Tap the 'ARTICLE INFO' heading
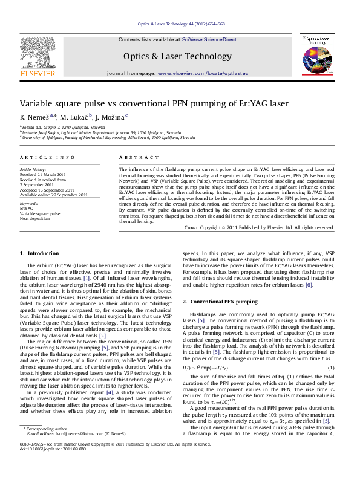[47, 157]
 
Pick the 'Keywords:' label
[29, 204]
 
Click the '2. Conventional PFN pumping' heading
[220, 301]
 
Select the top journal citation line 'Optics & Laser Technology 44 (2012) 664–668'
[179, 24]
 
